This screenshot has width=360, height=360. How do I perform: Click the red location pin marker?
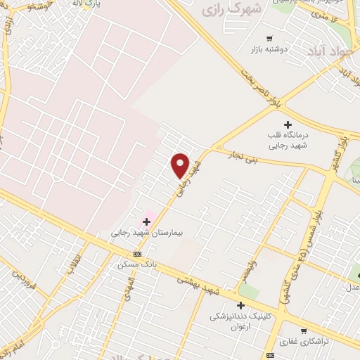(x=181, y=166)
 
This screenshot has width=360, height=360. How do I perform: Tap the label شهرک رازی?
(x=231, y=11)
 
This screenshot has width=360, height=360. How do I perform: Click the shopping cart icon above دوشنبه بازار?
(x=269, y=38)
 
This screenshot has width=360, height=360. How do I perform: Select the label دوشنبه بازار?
(x=269, y=50)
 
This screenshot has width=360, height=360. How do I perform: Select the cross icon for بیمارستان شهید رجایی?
(x=146, y=221)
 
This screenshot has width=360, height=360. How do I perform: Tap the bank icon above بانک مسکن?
(x=137, y=254)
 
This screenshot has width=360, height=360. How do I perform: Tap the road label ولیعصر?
(x=249, y=270)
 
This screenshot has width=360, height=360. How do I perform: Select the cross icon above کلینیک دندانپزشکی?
(x=241, y=305)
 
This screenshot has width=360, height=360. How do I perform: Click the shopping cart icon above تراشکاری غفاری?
(x=304, y=331)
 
